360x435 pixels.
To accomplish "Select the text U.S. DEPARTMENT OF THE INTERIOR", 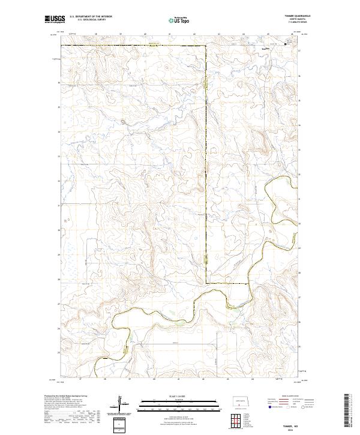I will pos(91,17).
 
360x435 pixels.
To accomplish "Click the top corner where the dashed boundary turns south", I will pos(205,45).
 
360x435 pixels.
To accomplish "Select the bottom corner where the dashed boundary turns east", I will pos(206,283).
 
